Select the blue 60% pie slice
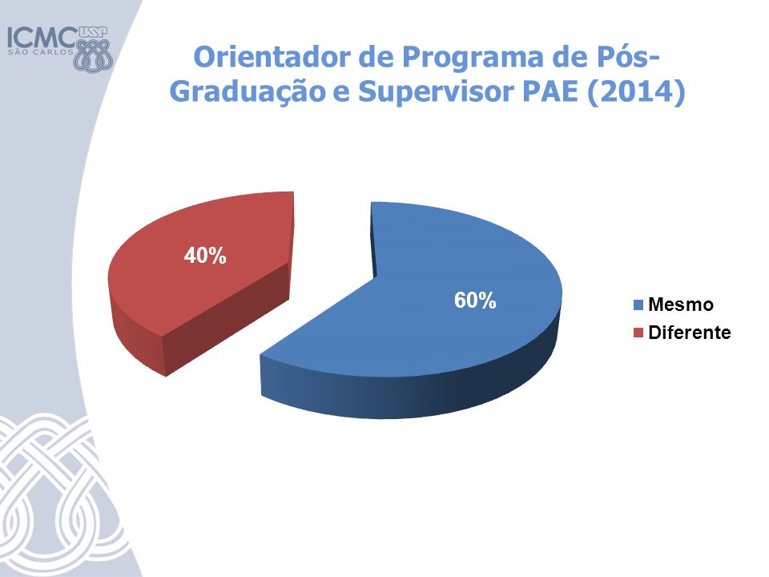coord(417,319)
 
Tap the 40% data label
coord(205,256)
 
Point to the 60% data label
coord(475,301)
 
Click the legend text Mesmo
coord(681,305)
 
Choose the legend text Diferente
coord(690,333)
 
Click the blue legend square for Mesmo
coord(638,305)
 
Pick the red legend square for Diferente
coord(638,333)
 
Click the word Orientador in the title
coord(272,57)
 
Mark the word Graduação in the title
coord(248,93)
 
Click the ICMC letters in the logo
coord(42,38)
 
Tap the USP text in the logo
coord(93,32)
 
